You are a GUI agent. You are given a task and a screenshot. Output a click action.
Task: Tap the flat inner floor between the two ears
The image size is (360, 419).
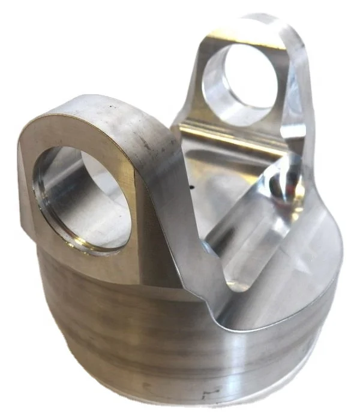pos(210,180)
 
